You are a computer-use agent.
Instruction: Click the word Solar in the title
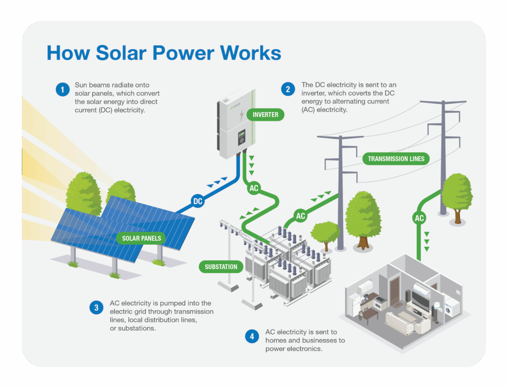point(121,53)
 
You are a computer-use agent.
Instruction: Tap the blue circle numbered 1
point(63,89)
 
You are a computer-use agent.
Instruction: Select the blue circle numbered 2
point(288,89)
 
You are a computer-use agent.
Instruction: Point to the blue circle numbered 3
point(96,307)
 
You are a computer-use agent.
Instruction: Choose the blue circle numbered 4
point(252,336)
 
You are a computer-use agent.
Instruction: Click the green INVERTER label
point(265,114)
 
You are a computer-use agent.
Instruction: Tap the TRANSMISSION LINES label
point(396,159)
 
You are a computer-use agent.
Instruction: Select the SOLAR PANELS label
point(141,238)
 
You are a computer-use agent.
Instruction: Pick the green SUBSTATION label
point(221,267)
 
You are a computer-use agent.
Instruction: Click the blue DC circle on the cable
point(197,201)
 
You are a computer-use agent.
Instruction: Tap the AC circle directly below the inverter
point(254,188)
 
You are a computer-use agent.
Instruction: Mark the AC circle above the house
point(419,218)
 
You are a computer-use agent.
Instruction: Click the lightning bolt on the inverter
point(242,114)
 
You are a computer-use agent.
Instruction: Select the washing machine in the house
point(452,307)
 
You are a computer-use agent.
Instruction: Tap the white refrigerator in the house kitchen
point(354,304)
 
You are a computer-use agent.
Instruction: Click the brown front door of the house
point(394,291)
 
